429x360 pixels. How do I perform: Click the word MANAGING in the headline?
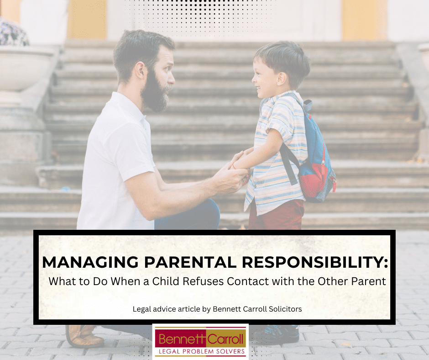click(90, 262)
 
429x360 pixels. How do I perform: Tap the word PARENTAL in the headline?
click(190, 262)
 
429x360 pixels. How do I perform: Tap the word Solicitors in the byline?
click(285, 309)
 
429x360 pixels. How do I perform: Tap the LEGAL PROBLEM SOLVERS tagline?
click(202, 351)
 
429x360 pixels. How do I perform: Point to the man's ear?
click(140, 70)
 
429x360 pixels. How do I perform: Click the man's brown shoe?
click(84, 336)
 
